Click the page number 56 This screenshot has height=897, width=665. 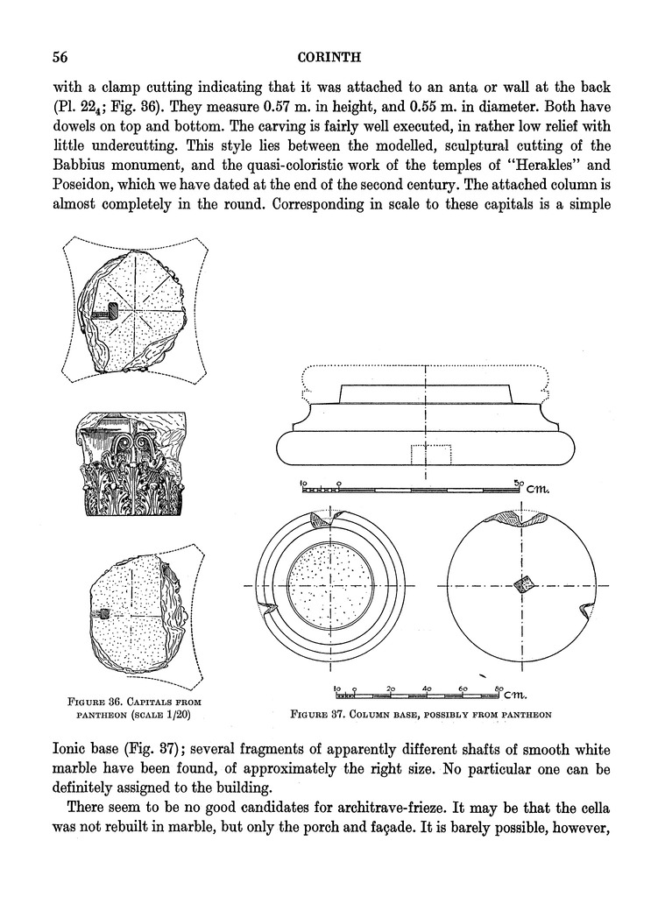pos(60,58)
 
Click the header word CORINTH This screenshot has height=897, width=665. pos(330,58)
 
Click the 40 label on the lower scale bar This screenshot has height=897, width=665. pos(427,689)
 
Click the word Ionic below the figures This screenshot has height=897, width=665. pos(74,751)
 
